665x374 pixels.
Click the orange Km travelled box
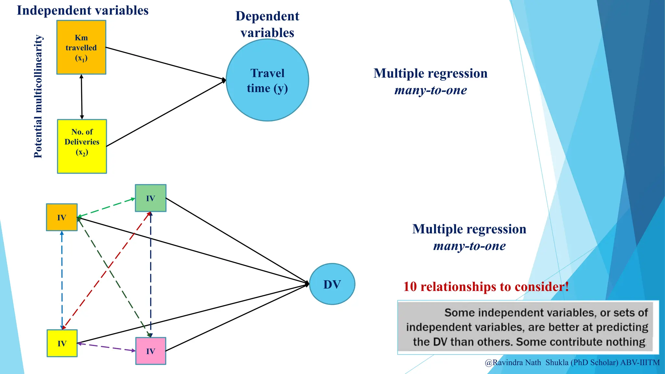(81, 47)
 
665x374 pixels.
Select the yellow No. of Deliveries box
(82, 146)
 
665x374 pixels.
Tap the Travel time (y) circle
(267, 80)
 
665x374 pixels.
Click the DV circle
(332, 284)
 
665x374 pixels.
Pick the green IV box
(151, 198)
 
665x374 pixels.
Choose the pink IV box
(151, 351)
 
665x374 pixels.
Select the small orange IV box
(62, 217)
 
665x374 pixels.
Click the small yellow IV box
(62, 343)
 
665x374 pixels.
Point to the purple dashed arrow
(107, 347)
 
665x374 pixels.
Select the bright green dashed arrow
(107, 208)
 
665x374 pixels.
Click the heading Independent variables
(82, 10)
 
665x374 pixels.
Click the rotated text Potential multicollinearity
(38, 97)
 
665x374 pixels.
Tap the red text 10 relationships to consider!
(486, 287)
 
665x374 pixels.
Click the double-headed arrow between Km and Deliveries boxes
(82, 97)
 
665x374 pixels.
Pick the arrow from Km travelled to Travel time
(166, 63)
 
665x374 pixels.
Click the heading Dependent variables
(267, 24)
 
